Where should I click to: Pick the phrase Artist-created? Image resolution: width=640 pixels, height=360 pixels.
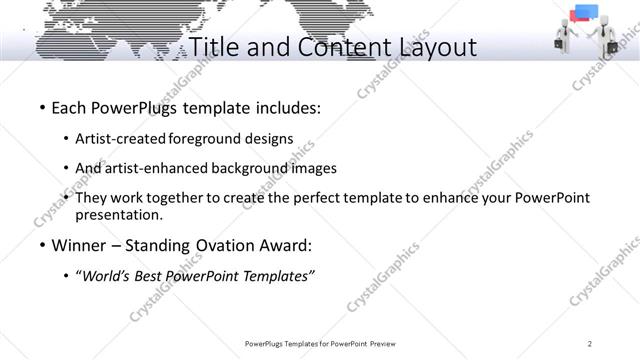coord(128,139)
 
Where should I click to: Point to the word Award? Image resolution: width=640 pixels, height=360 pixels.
coord(285,245)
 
